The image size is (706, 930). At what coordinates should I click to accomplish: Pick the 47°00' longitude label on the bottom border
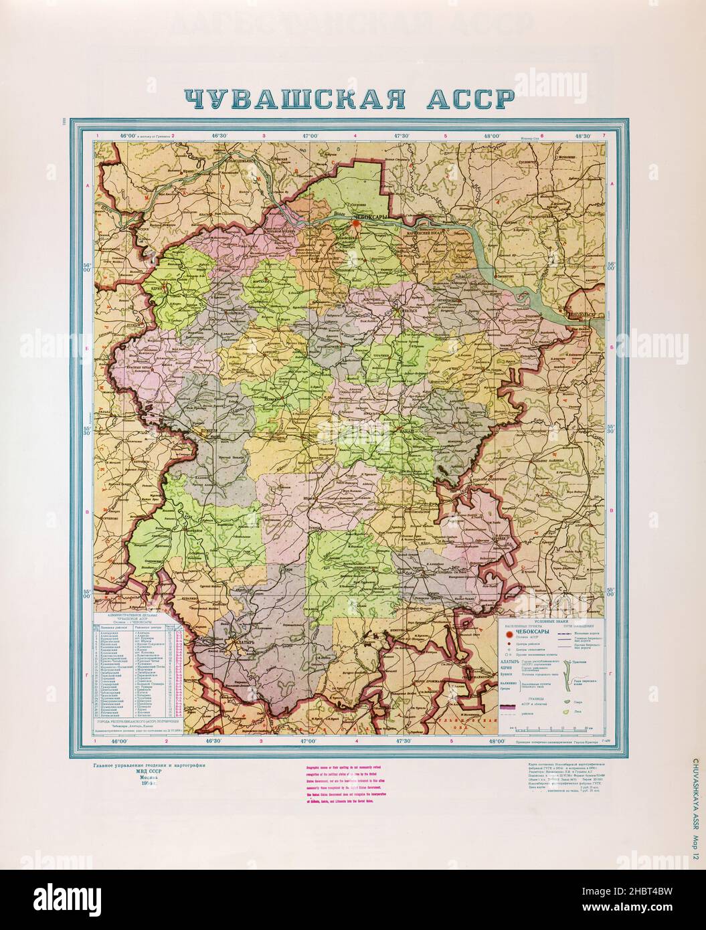click(309, 741)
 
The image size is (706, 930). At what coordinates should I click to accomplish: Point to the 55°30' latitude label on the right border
click(612, 428)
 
